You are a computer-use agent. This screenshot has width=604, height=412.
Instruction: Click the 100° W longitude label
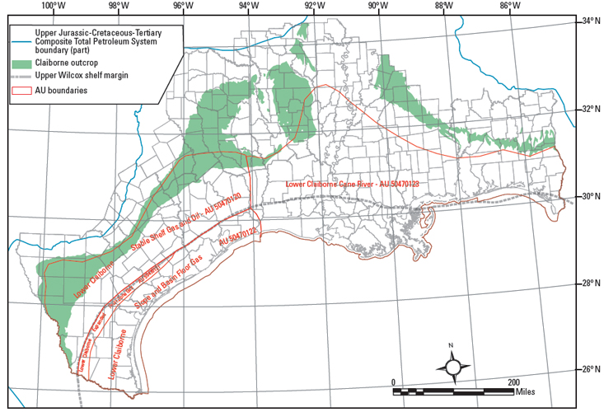click(x=55, y=6)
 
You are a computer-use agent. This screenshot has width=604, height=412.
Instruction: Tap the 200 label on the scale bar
click(x=513, y=382)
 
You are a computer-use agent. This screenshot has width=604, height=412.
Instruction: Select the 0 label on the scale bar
click(x=394, y=382)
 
